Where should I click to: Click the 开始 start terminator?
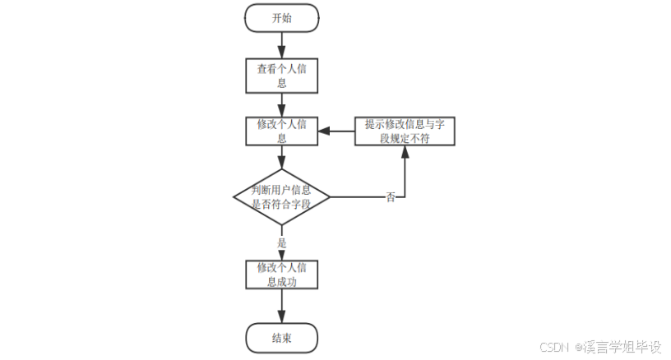(x=281, y=18)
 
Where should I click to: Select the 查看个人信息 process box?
(x=281, y=76)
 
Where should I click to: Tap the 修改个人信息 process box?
(x=281, y=132)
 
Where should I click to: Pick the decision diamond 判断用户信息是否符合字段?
(x=281, y=197)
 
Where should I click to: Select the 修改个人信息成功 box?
(x=281, y=275)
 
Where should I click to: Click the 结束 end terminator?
(x=281, y=337)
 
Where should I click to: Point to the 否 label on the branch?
(x=391, y=197)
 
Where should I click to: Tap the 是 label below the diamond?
(x=281, y=243)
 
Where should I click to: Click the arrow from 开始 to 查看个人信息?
(x=281, y=45)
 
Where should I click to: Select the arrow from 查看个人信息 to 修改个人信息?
(x=281, y=104)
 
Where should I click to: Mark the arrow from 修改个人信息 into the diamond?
(x=281, y=159)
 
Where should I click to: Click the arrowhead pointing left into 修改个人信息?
(x=323, y=132)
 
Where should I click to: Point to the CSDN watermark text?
(x=555, y=347)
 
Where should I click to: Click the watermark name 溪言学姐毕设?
(x=622, y=347)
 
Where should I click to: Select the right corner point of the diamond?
(x=330, y=197)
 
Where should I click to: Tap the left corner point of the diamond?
(x=234, y=197)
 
